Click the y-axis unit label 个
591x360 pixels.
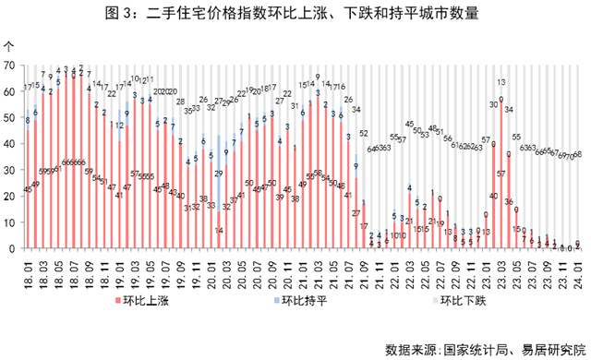click(x=9, y=44)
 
